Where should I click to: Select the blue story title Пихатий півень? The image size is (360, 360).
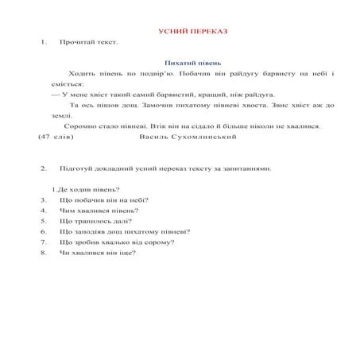[x=192, y=62]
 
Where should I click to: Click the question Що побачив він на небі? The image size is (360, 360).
[x=103, y=200]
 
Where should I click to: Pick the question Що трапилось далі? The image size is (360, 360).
[x=94, y=222]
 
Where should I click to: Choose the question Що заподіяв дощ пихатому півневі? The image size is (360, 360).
[x=124, y=232]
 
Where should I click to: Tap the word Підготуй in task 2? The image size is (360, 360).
[x=75, y=168]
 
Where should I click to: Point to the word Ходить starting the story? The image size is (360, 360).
[x=81, y=73]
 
